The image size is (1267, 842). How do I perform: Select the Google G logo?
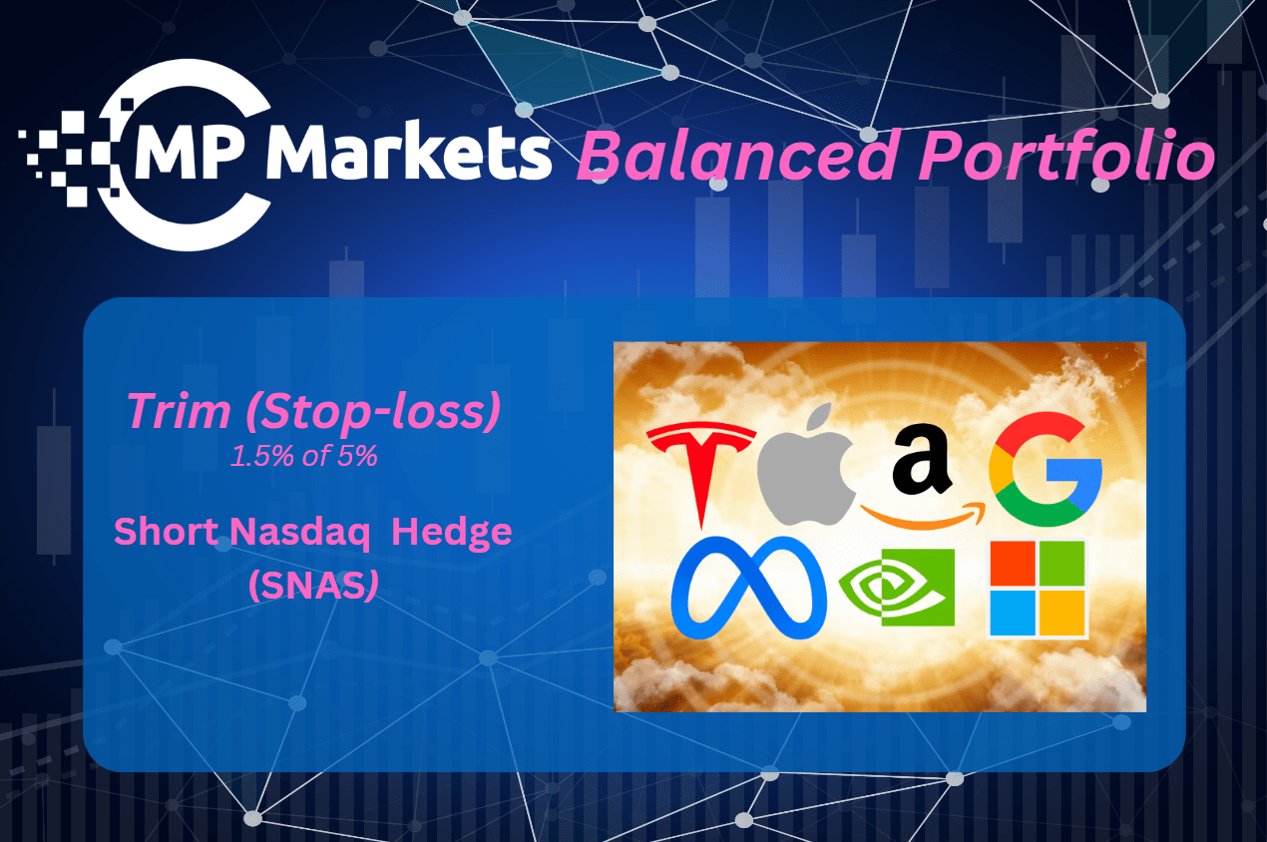coord(1046,469)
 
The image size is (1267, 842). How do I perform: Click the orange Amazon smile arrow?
coord(923,514)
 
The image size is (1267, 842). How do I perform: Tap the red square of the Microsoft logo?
coord(1013,564)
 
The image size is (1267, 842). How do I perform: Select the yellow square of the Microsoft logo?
coord(1062,613)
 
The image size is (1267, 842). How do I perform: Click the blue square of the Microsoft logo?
coord(1013,613)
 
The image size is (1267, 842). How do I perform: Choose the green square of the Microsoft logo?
coord(1062,564)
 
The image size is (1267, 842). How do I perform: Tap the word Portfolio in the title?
coord(1066,154)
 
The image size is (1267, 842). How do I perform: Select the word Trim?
coord(179,411)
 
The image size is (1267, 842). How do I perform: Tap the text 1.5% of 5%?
coord(304,456)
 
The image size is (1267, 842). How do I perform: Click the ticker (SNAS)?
coord(313,585)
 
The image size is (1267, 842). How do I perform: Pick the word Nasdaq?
coord(299,534)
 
